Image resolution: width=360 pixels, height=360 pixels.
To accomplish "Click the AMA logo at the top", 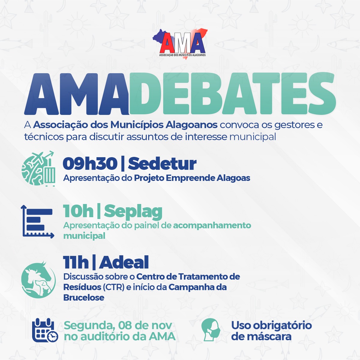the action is [180, 44].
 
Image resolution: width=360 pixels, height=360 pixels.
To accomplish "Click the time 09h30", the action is [90, 163].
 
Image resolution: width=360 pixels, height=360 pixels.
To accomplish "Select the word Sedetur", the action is [162, 163].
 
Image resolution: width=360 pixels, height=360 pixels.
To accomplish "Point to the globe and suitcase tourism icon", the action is [38, 168].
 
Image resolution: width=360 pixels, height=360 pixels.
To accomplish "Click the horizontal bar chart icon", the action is [37, 222].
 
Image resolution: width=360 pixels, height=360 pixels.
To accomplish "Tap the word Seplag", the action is [133, 212].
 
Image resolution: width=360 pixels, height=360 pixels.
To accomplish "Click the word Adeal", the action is [124, 262].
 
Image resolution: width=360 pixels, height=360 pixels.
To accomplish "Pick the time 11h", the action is [76, 262].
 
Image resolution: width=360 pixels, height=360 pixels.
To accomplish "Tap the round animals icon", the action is [38, 280].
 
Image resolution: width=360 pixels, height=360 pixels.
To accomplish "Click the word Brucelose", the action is [84, 297].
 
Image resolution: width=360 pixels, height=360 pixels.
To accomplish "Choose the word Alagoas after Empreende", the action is [233, 178].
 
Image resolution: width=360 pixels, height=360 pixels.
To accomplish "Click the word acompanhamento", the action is [212, 226].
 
